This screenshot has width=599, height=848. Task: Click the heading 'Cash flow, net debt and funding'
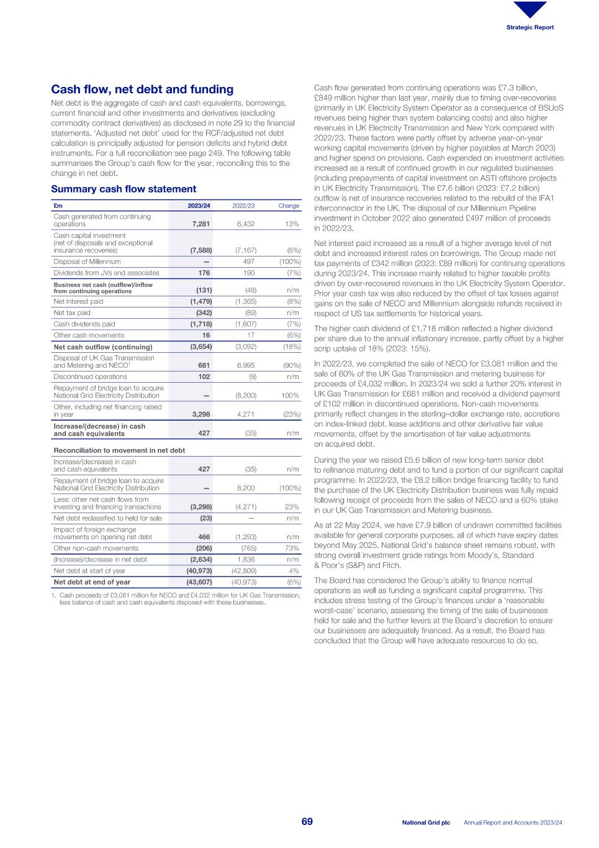pyautogui.click(x=142, y=89)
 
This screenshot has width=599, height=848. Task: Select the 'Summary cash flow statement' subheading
pyautogui.click(x=124, y=189)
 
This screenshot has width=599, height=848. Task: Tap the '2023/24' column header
pyautogui.click(x=199, y=206)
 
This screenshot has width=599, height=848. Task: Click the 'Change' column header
pyautogui.click(x=289, y=206)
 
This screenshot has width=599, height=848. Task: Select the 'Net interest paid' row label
pyautogui.click(x=78, y=301)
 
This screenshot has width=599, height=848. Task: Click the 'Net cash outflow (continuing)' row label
pyautogui.click(x=102, y=347)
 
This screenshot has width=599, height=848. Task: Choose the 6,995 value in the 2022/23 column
pyautogui.click(x=246, y=365)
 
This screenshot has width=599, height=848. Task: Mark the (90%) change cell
pyautogui.click(x=290, y=365)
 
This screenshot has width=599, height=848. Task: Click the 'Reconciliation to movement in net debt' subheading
pyautogui.click(x=119, y=450)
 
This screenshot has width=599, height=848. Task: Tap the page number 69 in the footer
pyautogui.click(x=307, y=822)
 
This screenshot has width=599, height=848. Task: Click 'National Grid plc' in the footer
pyautogui.click(x=426, y=823)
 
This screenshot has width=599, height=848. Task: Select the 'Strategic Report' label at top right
pyautogui.click(x=529, y=27)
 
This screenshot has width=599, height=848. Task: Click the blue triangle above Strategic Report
pyautogui.click(x=530, y=9)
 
